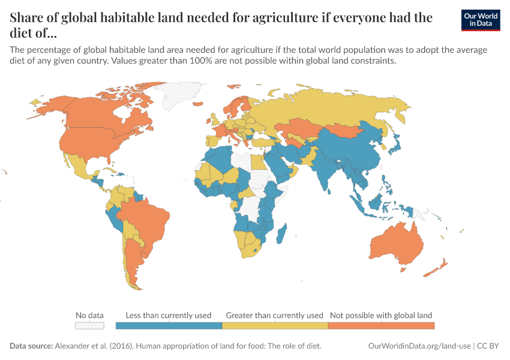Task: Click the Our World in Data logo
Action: click(x=481, y=20)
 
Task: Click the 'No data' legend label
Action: click(x=89, y=315)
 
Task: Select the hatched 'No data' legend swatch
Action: click(x=89, y=326)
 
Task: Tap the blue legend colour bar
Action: click(x=169, y=326)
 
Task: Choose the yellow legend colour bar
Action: click(x=275, y=326)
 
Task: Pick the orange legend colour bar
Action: click(x=381, y=326)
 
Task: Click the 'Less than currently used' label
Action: click(x=169, y=315)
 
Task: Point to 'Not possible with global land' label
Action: click(x=381, y=315)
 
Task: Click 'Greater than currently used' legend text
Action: click(x=275, y=315)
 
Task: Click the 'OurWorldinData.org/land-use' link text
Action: click(x=419, y=346)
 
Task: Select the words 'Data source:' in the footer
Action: click(x=31, y=346)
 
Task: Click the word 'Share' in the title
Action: click(x=28, y=17)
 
